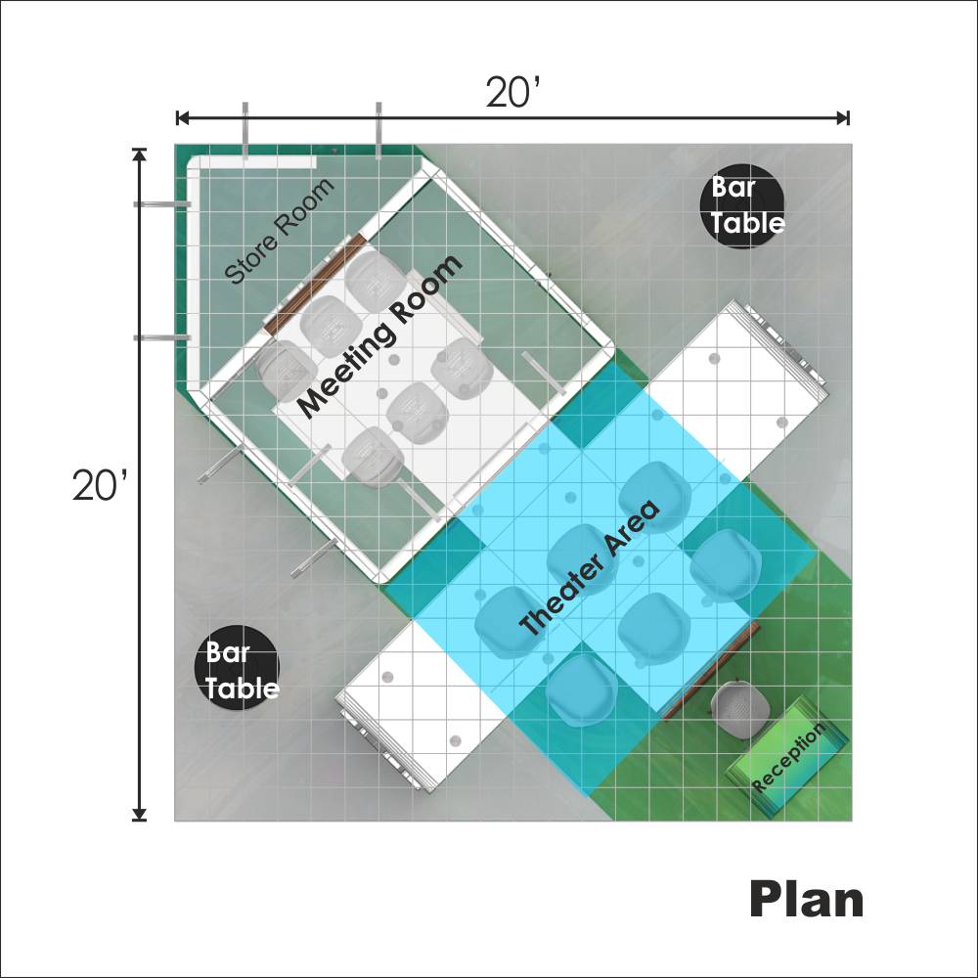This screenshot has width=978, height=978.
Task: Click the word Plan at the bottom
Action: pos(807,899)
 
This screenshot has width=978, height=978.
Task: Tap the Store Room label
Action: pos(279,232)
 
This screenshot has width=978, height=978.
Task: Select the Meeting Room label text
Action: pos(379,335)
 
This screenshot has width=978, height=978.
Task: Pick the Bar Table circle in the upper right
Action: pos(741,206)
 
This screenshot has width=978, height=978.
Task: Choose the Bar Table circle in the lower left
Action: pos(238,668)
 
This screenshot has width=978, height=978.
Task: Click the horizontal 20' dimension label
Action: pos(512,92)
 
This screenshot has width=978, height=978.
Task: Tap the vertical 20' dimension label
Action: pos(100,485)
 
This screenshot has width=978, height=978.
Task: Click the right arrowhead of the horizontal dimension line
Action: pos(843,117)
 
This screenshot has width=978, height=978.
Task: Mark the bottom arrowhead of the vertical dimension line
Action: pos(139,814)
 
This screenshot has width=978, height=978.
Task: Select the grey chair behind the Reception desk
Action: pos(740,710)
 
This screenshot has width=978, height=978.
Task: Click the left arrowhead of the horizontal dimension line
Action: pos(182,117)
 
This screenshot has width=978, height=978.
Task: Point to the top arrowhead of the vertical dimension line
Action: pos(139,156)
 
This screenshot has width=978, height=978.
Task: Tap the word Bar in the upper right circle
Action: pos(733,187)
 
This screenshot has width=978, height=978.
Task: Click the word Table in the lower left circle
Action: pos(242,688)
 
